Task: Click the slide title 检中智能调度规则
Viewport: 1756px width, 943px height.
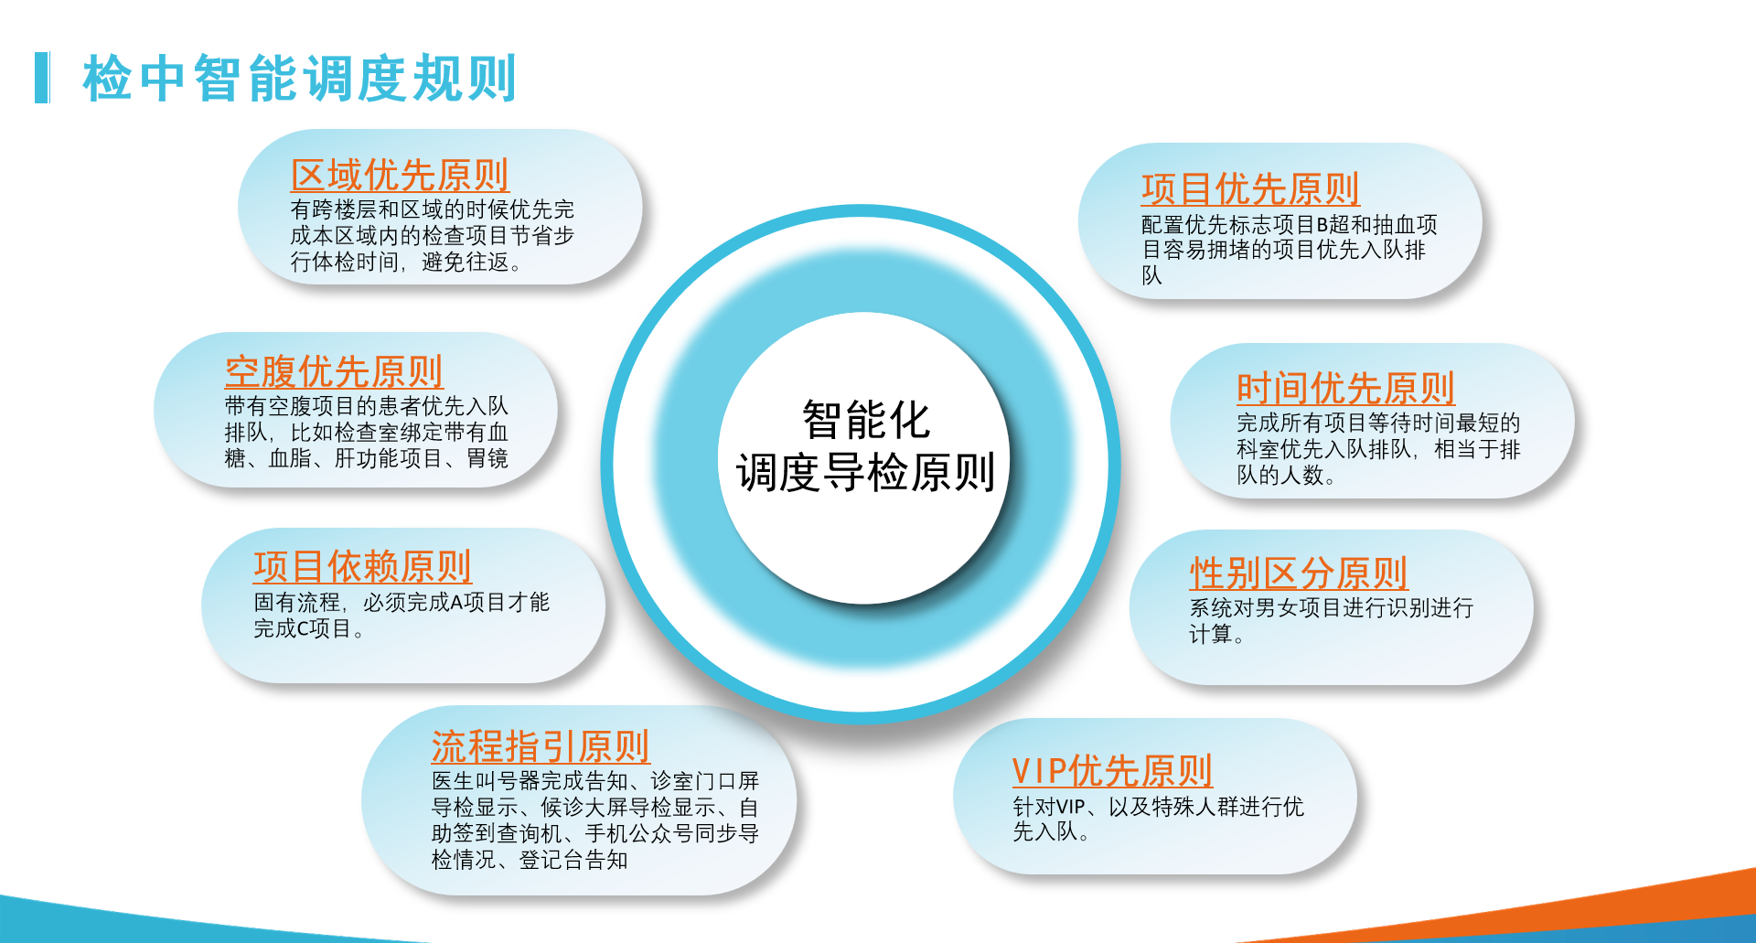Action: [300, 78]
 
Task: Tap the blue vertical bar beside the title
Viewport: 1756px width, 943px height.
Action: [42, 78]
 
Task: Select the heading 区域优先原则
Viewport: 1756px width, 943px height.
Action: [400, 175]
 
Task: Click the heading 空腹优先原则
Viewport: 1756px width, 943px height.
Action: [334, 371]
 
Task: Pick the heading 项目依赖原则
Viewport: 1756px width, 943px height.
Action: [362, 567]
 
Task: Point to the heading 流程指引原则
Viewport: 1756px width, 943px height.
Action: [541, 746]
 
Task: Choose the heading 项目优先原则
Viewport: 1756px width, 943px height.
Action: [1250, 189]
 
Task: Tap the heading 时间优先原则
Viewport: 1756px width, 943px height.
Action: [1345, 389]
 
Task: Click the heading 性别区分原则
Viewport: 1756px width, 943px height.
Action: [1299, 573]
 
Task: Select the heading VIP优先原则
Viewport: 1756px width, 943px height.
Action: [1112, 771]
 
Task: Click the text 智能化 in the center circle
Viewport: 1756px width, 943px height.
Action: [866, 421]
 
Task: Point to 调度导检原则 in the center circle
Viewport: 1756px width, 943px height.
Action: [865, 473]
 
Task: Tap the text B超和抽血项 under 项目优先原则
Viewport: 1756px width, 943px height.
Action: [1376, 224]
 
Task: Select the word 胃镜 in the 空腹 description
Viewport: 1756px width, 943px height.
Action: [487, 458]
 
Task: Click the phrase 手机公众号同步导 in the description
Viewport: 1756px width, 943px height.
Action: [671, 833]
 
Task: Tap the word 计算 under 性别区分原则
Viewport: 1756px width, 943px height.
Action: [1211, 634]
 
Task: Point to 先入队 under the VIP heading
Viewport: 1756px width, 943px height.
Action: [1045, 831]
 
